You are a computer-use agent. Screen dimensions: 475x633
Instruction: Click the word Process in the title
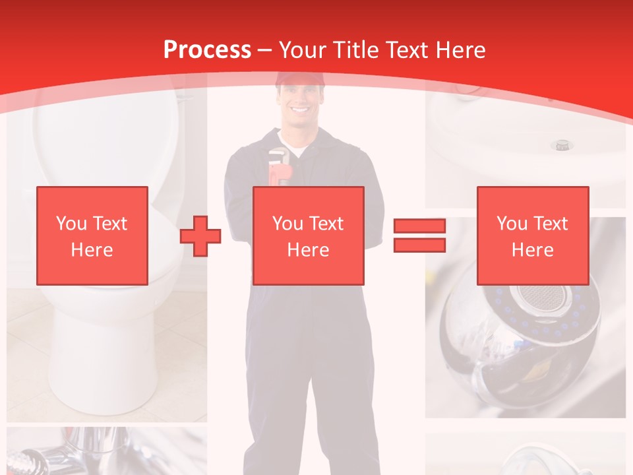(x=207, y=49)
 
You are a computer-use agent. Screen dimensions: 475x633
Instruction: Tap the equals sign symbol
(x=419, y=236)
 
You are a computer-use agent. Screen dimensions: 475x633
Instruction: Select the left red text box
(x=92, y=236)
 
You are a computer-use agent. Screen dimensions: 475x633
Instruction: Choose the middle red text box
(x=308, y=236)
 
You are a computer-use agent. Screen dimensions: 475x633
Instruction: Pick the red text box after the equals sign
(x=532, y=236)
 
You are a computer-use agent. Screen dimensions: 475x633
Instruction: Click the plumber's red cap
(x=300, y=80)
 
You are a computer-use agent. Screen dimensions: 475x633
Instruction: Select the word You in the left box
(x=71, y=224)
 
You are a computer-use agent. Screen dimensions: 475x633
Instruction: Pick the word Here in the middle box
(x=308, y=250)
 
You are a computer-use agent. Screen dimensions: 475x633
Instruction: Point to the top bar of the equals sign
(x=419, y=226)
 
